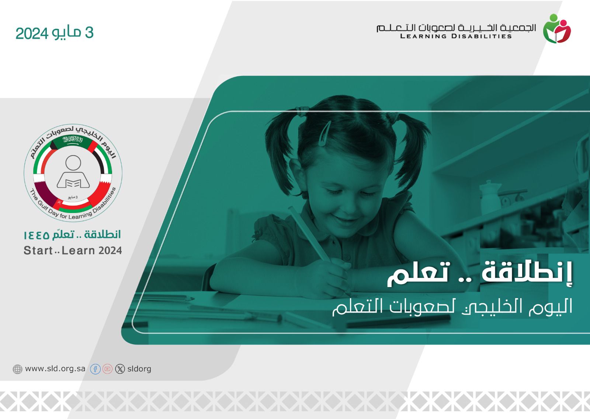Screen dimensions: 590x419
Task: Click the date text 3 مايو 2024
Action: (55, 33)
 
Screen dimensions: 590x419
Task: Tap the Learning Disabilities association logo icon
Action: (557, 28)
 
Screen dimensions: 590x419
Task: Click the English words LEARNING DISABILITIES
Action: (456, 36)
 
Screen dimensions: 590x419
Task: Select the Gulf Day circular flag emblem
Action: (73, 173)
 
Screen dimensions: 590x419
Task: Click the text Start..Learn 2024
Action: (73, 250)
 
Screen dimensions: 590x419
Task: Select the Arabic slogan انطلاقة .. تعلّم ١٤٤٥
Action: (72, 234)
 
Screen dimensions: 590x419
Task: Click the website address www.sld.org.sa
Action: (55, 369)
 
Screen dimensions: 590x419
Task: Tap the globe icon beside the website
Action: (17, 369)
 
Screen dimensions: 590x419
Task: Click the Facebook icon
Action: (96, 369)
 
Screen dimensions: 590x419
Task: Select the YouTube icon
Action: (107, 369)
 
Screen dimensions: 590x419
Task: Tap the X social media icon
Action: (120, 369)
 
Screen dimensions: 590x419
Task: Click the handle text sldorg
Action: (139, 369)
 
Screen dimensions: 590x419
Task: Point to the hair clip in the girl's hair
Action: (324, 133)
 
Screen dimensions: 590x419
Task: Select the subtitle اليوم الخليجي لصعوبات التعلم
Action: (452, 307)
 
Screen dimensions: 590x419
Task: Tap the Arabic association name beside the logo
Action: (456, 28)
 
